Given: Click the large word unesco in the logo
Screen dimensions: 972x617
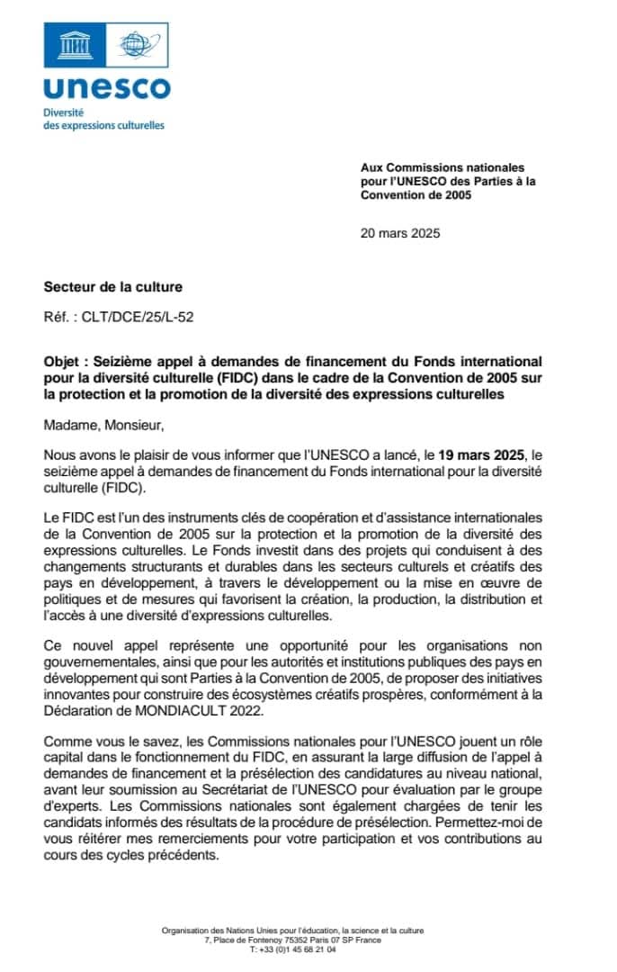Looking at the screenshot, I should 106,87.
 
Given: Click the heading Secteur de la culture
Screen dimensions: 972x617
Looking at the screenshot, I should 113,287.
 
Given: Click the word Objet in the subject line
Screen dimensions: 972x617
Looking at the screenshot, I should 62,359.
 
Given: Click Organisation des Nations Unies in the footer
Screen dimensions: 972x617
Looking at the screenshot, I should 225,931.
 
